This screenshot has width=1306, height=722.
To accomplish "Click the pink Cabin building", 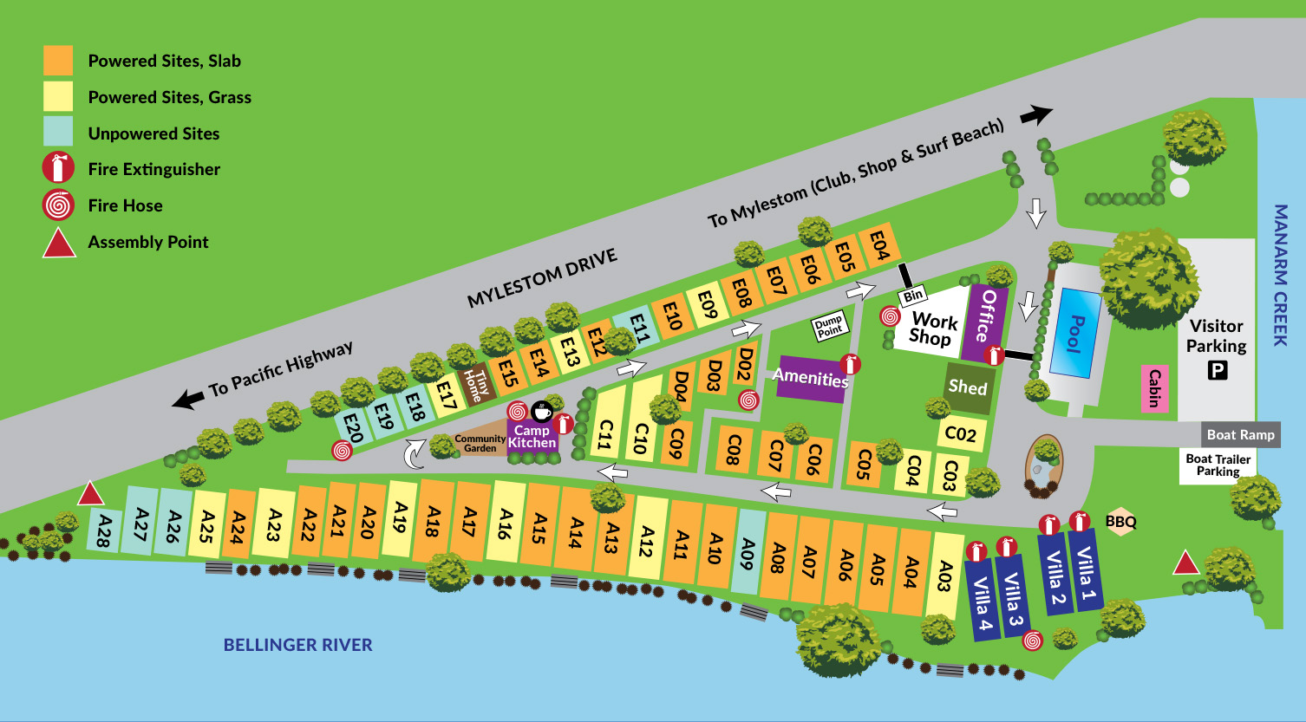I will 1153,387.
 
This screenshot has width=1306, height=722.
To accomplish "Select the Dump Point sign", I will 829,327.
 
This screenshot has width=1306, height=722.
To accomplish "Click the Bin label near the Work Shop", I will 912,296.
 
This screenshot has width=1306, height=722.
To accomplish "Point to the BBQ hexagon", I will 1120,522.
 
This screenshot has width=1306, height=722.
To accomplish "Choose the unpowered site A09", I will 748,552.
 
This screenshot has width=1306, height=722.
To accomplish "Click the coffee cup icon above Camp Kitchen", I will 542,410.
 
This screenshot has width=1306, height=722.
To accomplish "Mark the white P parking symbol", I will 1218,371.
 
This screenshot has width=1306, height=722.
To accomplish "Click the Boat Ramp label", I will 1240,435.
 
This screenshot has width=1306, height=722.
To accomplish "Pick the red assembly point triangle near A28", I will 90,494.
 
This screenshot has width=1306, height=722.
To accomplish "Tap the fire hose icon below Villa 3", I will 1032,641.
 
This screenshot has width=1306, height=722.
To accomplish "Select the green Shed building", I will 967,387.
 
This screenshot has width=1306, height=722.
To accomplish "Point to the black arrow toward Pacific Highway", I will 187,400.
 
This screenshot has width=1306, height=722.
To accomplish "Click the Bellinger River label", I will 297,645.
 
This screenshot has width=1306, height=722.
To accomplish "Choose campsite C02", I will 960,433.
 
